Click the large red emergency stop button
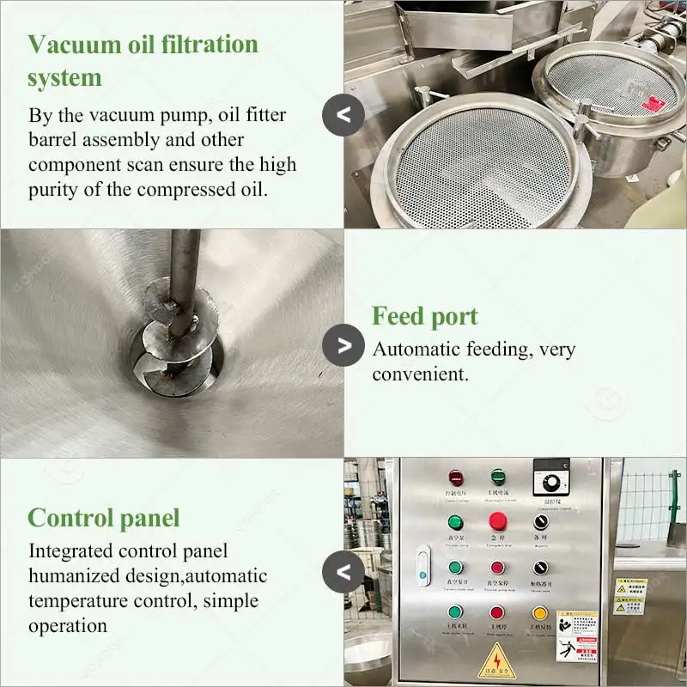[x=497, y=520]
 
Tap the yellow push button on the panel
[x=539, y=613]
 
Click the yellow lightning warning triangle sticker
[x=497, y=660]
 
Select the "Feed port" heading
[x=424, y=316]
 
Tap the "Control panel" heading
[x=104, y=518]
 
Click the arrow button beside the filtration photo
[x=343, y=113]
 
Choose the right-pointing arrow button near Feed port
[x=343, y=345]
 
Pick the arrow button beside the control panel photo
[x=343, y=572]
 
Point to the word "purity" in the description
[x=57, y=188]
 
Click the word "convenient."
[x=419, y=374]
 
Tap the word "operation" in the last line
[x=68, y=625]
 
